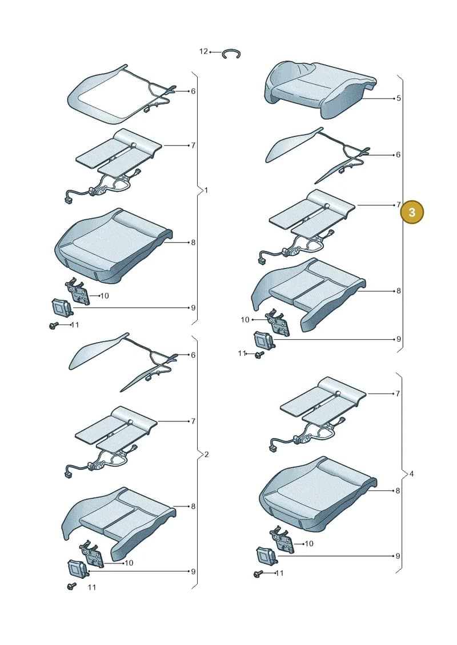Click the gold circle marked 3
point(411,212)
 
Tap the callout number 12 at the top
point(203,51)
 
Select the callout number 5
point(399,98)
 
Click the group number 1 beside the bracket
point(206,190)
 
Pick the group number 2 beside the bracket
point(206,455)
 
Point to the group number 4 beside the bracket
point(411,474)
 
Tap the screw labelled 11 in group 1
point(53,326)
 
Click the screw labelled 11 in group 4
point(258,574)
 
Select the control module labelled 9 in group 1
point(61,308)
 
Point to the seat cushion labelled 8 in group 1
point(113,246)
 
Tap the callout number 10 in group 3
point(245,319)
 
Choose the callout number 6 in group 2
point(193,355)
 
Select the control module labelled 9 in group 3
point(264,340)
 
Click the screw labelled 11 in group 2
point(72,586)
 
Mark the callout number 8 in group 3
point(399,291)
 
